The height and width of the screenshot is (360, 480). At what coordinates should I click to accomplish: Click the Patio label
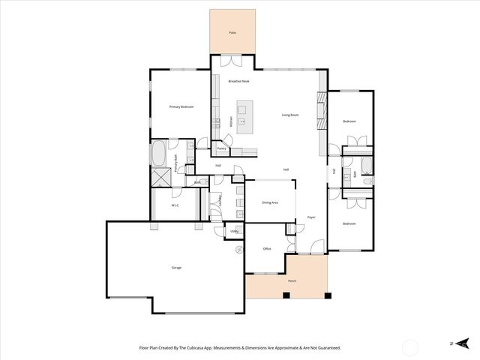[x=232, y=34]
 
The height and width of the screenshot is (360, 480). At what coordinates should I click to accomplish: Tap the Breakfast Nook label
[x=239, y=81]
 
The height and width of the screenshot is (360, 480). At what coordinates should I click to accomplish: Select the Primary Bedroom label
[x=181, y=107]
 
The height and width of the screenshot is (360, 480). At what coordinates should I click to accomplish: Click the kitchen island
[x=244, y=121]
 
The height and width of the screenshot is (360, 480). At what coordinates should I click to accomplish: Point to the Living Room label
[x=289, y=115]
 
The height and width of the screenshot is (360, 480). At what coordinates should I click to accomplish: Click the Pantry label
[x=222, y=148]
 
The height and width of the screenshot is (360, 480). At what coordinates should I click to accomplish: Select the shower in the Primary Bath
[x=160, y=178]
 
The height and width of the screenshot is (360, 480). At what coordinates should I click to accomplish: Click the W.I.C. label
[x=174, y=205]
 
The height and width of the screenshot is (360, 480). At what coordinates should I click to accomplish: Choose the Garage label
[x=176, y=267]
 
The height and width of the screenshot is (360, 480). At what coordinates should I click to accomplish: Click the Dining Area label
[x=270, y=202]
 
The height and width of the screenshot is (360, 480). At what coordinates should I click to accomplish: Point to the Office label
[x=266, y=248]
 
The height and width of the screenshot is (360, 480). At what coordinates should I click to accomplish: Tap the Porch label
[x=292, y=280]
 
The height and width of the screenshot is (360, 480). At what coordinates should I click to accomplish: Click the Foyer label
[x=310, y=217]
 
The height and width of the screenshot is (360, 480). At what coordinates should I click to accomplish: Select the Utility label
[x=234, y=231]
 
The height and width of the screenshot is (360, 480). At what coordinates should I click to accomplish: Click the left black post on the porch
[x=286, y=295]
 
